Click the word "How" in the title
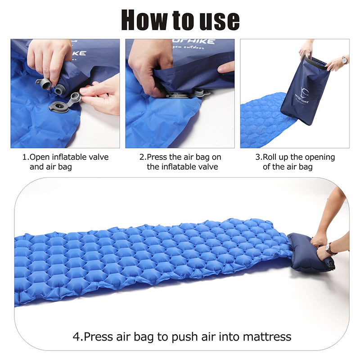(145, 20)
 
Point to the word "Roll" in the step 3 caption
(272, 157)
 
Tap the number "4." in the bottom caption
(77, 336)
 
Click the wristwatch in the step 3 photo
(344, 60)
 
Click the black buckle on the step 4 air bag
(332, 265)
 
